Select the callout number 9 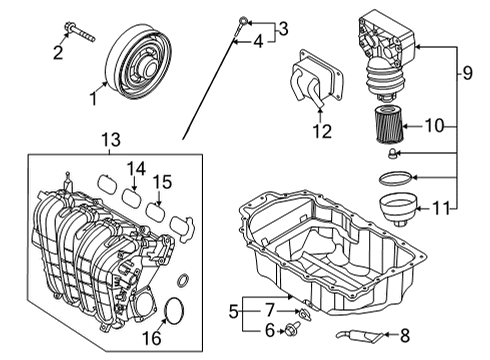click(x=467, y=73)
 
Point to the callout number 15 click(x=162, y=182)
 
